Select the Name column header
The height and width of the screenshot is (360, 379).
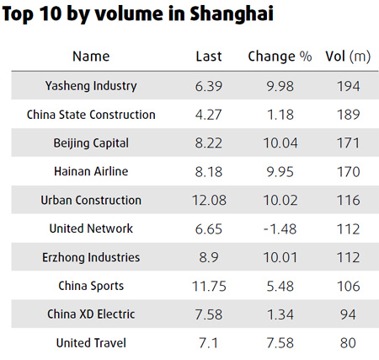coord(91,56)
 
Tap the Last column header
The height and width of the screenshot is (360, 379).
coord(208,56)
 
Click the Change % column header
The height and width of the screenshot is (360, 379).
coord(280,56)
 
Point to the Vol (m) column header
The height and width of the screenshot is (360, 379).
coord(346,56)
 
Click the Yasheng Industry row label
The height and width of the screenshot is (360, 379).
coord(91,86)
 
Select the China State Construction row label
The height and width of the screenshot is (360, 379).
coord(91,115)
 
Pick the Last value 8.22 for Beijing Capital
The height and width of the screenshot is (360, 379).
coord(209,143)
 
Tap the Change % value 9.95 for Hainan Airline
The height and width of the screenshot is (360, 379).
coord(280,172)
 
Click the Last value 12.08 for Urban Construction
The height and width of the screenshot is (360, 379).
coord(209,201)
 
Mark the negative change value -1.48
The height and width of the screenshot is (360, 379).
coord(280,228)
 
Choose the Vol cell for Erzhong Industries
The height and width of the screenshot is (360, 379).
coord(346,257)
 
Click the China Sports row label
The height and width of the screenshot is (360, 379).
coord(91,286)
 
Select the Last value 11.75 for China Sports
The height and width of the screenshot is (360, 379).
coord(209,286)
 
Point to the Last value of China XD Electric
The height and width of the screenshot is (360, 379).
coord(209,314)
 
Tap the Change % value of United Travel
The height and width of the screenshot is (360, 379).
coord(280,343)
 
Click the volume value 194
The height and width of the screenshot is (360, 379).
coord(346,86)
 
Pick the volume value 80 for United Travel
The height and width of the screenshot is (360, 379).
coord(346,343)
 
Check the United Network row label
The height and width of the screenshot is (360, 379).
coord(91,228)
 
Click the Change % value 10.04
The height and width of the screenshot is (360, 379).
coord(280,143)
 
